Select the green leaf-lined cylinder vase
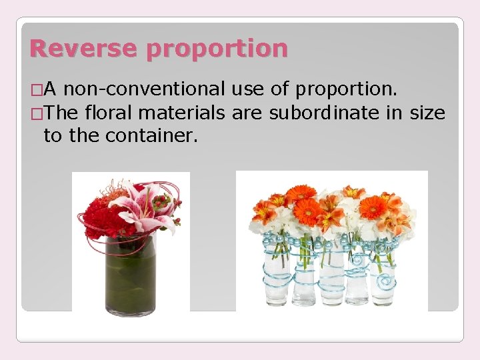pos(130,273)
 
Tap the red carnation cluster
pos(100,220)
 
